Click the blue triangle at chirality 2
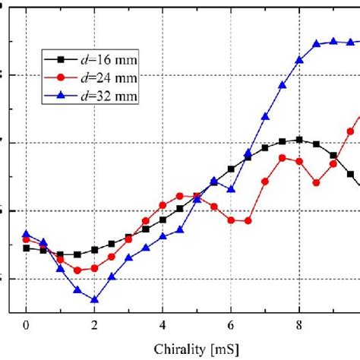pyautogui.click(x=94, y=299)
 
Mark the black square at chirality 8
pyautogui.click(x=299, y=139)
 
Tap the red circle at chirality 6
pyautogui.click(x=231, y=220)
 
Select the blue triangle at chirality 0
pyautogui.click(x=26, y=234)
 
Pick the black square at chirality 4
pyautogui.click(x=163, y=219)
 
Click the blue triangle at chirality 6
pyautogui.click(x=231, y=189)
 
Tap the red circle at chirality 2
pyautogui.click(x=94, y=268)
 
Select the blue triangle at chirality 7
pyautogui.click(x=265, y=116)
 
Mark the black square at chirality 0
pyautogui.click(x=26, y=248)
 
